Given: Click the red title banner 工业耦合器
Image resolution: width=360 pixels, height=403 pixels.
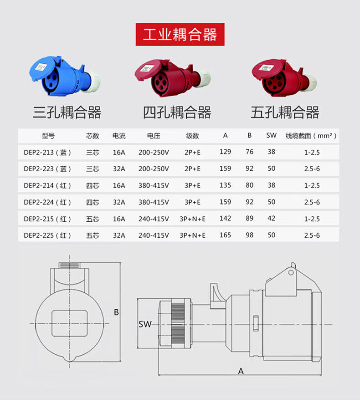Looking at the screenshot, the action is tap(180, 35).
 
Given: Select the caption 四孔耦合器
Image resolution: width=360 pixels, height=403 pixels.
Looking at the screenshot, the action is tap(177, 112).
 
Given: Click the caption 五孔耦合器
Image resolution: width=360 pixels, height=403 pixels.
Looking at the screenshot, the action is tap(285, 112).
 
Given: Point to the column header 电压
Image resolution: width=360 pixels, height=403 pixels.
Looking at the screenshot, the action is tap(154, 136).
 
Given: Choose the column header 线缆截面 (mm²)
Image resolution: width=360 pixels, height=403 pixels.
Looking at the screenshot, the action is tap(311, 136).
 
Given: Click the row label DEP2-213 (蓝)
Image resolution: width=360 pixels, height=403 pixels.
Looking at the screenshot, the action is tap(47, 153).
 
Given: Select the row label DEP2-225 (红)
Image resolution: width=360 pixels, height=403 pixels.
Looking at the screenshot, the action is tap(47, 235).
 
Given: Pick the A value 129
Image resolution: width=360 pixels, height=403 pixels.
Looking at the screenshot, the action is tap(225, 152).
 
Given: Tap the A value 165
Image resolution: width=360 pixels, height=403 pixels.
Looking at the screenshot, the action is tap(225, 235).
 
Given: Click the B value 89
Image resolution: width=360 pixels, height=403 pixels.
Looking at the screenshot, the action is tap(249, 218).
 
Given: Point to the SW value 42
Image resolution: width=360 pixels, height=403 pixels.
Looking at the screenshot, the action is tap(271, 218).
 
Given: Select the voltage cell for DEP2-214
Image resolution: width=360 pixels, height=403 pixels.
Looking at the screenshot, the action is tap(154, 185).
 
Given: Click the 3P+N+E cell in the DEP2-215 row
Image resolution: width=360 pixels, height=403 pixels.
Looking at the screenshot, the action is tap(193, 219).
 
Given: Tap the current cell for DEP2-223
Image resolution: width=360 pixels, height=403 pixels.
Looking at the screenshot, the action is tap(119, 168).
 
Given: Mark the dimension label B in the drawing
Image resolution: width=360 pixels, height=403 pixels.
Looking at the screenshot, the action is tap(116, 312).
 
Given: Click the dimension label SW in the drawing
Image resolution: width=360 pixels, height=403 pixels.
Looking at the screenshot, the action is tap(145, 324).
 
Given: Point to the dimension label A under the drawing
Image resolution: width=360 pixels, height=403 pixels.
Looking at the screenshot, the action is tap(241, 371).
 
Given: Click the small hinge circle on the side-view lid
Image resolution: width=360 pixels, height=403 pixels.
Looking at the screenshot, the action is tap(291, 272).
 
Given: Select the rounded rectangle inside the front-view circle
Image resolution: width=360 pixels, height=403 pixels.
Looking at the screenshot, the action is tap(69, 323).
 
